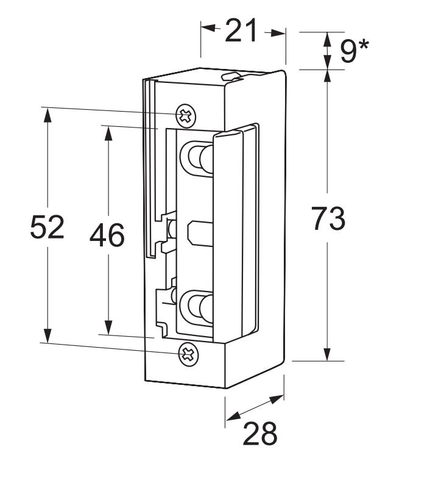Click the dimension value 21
241,30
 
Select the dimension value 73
329,218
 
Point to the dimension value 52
47,228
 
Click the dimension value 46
107,235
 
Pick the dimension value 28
260,434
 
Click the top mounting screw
186,114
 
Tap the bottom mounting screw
189,354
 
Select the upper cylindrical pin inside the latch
198,158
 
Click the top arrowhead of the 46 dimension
108,132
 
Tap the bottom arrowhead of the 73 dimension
327,354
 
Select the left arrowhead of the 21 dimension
207,28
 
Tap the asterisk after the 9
364,45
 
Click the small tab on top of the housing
232,76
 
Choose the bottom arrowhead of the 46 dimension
108,328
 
